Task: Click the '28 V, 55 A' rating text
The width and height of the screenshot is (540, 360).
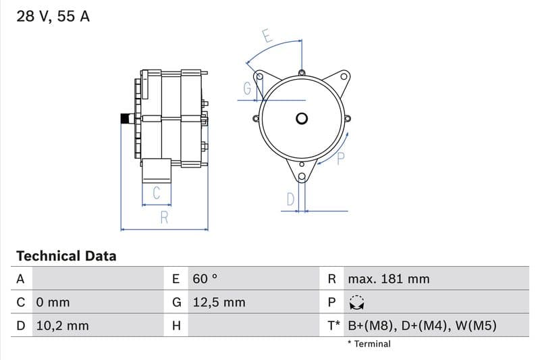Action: click(53, 16)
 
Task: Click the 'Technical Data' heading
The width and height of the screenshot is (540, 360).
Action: click(66, 256)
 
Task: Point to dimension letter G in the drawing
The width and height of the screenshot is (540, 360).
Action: click(247, 88)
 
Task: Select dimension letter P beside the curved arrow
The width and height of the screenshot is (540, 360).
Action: click(341, 159)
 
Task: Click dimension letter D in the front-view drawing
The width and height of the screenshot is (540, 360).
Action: click(291, 199)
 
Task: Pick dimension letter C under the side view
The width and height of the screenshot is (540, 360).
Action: click(156, 193)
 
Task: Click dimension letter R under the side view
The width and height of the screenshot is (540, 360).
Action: click(164, 218)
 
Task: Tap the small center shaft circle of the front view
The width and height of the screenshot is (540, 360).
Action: click(302, 119)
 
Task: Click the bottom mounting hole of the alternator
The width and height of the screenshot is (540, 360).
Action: click(302, 177)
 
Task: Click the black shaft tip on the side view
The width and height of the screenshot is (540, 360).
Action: click(124, 119)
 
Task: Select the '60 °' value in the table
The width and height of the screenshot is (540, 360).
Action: click(205, 279)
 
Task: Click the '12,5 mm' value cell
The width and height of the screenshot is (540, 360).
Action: click(219, 303)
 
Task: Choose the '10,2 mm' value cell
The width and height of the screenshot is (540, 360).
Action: click(62, 326)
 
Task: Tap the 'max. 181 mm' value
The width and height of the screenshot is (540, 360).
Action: click(388, 279)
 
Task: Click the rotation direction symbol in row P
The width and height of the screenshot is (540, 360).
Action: click(356, 303)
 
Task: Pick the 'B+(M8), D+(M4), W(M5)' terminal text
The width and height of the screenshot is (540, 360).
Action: click(422, 326)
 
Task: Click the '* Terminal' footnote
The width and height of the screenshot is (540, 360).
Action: click(369, 344)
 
